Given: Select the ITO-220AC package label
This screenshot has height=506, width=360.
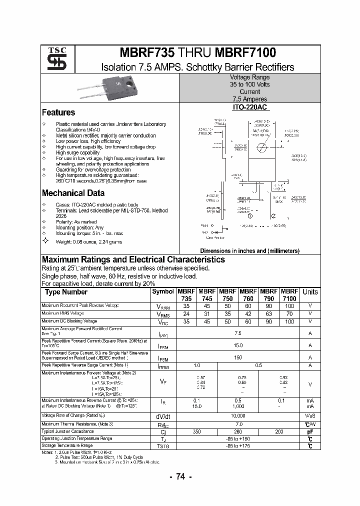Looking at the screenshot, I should pyautogui.click(x=250, y=107).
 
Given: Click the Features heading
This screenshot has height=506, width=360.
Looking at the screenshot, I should pyautogui.click(x=58, y=112).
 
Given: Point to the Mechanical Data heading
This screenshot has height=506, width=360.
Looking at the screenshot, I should pyautogui.click(x=73, y=193).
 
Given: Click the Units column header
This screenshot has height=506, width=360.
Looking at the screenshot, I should pyautogui.click(x=310, y=292).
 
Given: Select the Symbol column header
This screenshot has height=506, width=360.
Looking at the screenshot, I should pyautogui.click(x=163, y=291).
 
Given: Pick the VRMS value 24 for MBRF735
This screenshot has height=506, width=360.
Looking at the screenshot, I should pyautogui.click(x=186, y=313).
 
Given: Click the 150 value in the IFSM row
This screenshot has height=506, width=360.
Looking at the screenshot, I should pyautogui.click(x=238, y=357).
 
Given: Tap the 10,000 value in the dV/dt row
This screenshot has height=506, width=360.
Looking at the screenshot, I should pyautogui.click(x=238, y=416).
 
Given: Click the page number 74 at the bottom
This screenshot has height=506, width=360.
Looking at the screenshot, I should pyautogui.click(x=180, y=477).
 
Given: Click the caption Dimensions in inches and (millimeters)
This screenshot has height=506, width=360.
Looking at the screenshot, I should pyautogui.click(x=249, y=251).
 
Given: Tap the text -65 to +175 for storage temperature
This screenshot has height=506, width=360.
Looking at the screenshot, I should pyautogui.click(x=238, y=445).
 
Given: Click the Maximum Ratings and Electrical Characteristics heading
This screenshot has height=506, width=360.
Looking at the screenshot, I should pyautogui.click(x=133, y=259).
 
